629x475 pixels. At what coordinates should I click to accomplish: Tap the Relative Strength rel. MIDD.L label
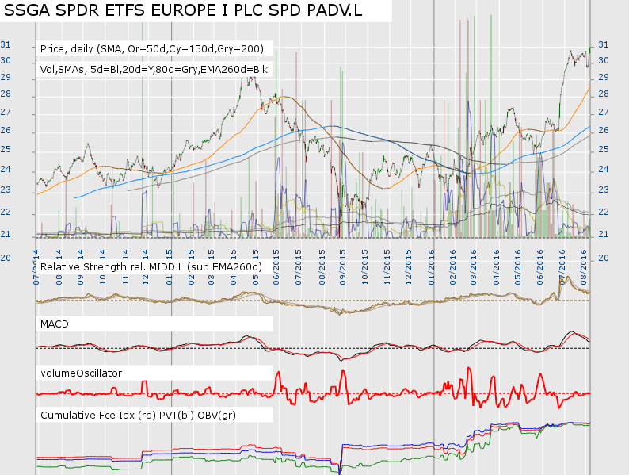(x=151, y=266)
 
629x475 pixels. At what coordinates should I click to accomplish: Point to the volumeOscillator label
(x=81, y=371)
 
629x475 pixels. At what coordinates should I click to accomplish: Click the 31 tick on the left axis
(x=6, y=44)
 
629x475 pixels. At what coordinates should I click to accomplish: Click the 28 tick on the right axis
(x=603, y=94)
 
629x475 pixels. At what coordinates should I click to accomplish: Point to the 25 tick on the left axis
(x=6, y=149)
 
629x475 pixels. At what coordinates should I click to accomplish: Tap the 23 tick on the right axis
(x=603, y=190)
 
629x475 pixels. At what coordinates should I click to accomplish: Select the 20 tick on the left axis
(x=6, y=258)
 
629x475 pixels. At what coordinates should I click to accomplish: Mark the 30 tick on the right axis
(x=603, y=60)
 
